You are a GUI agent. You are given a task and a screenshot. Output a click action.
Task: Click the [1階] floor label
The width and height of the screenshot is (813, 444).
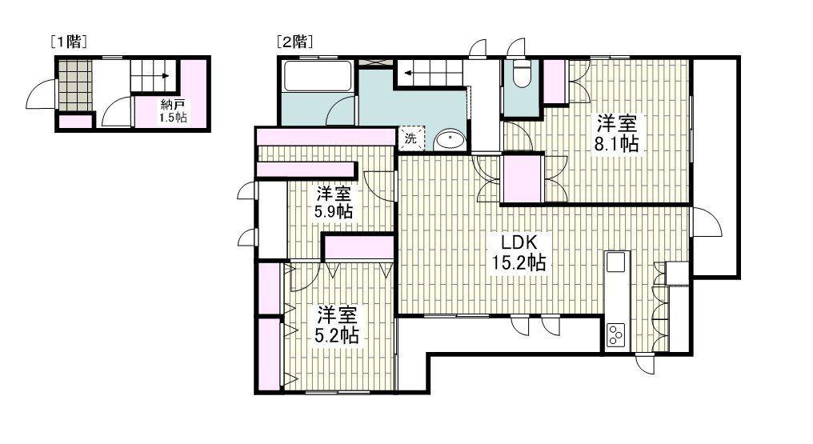[68, 42]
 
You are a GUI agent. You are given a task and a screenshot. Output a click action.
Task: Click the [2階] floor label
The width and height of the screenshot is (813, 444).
[295, 42]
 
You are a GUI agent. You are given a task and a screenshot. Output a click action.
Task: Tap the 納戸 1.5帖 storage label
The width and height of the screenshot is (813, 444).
[173, 110]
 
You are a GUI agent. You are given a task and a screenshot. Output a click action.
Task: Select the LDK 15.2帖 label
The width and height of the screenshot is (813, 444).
[519, 252]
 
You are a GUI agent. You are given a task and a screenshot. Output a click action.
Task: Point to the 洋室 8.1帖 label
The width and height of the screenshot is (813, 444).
[616, 132]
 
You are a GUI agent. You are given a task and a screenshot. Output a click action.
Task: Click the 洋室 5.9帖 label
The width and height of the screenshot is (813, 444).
[334, 202]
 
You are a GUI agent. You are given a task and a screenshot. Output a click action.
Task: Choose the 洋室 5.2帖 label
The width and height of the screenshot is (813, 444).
[337, 325]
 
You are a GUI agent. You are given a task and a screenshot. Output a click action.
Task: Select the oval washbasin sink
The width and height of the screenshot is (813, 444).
[450, 139]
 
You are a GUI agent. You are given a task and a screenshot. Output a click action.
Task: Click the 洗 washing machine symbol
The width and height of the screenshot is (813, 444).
[411, 139]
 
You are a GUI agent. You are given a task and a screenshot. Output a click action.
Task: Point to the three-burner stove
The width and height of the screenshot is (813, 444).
[616, 334]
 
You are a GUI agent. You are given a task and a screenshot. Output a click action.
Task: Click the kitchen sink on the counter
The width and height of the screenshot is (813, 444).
[617, 262]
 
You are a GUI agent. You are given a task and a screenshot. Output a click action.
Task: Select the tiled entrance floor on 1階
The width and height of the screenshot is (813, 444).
[74, 86]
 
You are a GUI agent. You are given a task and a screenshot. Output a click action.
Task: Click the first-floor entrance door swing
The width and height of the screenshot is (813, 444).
[40, 94]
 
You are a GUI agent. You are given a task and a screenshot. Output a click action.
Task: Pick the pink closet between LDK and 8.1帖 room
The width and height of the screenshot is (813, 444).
[522, 178]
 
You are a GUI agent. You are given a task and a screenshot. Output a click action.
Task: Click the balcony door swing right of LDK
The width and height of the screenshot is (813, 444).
[706, 222]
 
